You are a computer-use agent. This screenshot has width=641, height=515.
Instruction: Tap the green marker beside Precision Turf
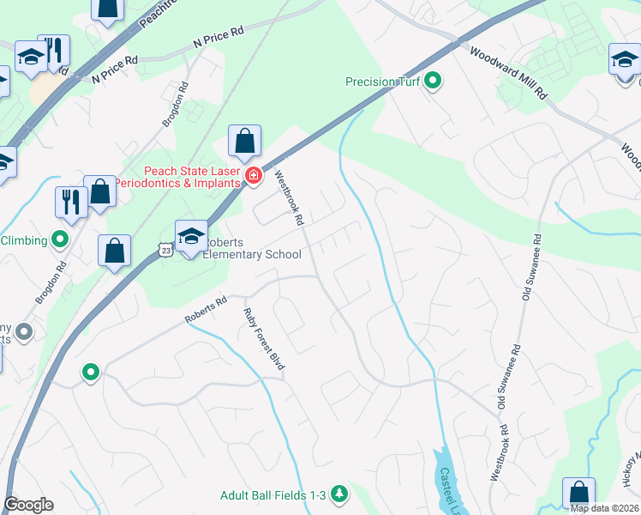pyautogui.click(x=434, y=82)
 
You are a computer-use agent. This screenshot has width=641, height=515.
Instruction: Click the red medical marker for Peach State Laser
pyautogui.click(x=253, y=177)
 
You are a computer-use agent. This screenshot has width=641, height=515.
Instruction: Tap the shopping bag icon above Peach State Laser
pyautogui.click(x=244, y=142)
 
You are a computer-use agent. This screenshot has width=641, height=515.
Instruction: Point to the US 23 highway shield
pyautogui.click(x=166, y=249)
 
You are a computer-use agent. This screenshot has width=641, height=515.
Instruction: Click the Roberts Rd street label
pyautogui.click(x=206, y=310)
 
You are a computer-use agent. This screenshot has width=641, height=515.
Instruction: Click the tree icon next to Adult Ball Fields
pyautogui.click(x=340, y=494)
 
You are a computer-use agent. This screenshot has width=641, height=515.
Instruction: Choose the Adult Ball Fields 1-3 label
pyautogui.click(x=273, y=494)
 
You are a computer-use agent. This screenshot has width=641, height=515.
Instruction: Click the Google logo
pyautogui.click(x=28, y=505)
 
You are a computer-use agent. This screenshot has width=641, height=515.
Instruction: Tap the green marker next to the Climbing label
pyautogui.click(x=60, y=239)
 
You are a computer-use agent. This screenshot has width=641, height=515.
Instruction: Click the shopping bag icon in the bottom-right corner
pyautogui.click(x=578, y=494)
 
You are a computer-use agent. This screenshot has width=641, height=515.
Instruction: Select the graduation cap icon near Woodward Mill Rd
pyautogui.click(x=625, y=60)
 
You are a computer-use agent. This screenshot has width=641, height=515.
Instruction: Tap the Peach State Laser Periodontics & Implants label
pyautogui.click(x=180, y=177)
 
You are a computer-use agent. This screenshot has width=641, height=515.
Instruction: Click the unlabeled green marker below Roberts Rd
pyautogui.click(x=90, y=373)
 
